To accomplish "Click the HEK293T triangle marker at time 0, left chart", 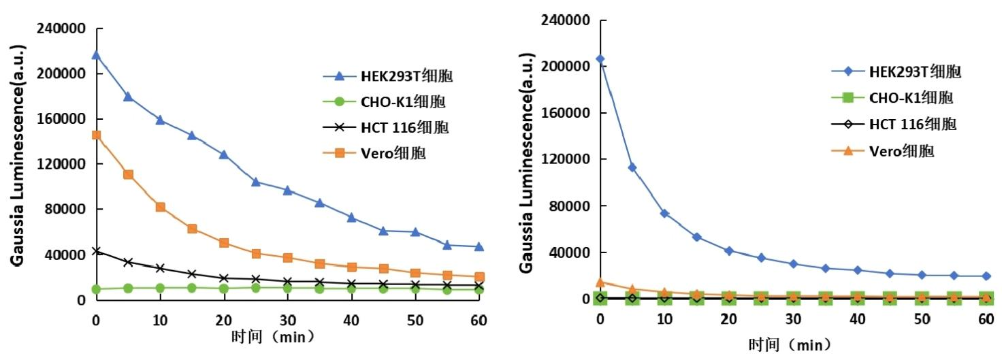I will pos(96,55).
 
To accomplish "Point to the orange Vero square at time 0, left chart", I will pos(96,135).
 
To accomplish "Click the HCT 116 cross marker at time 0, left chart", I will pos(96,251).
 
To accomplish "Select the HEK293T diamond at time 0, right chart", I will pos(600,59).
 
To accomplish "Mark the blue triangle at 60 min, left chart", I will pos(479,246).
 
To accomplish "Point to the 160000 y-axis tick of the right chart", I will pos(569,113).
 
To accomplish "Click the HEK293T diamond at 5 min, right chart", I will pos(632,167).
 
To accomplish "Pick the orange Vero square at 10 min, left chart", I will pos(161,207).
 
